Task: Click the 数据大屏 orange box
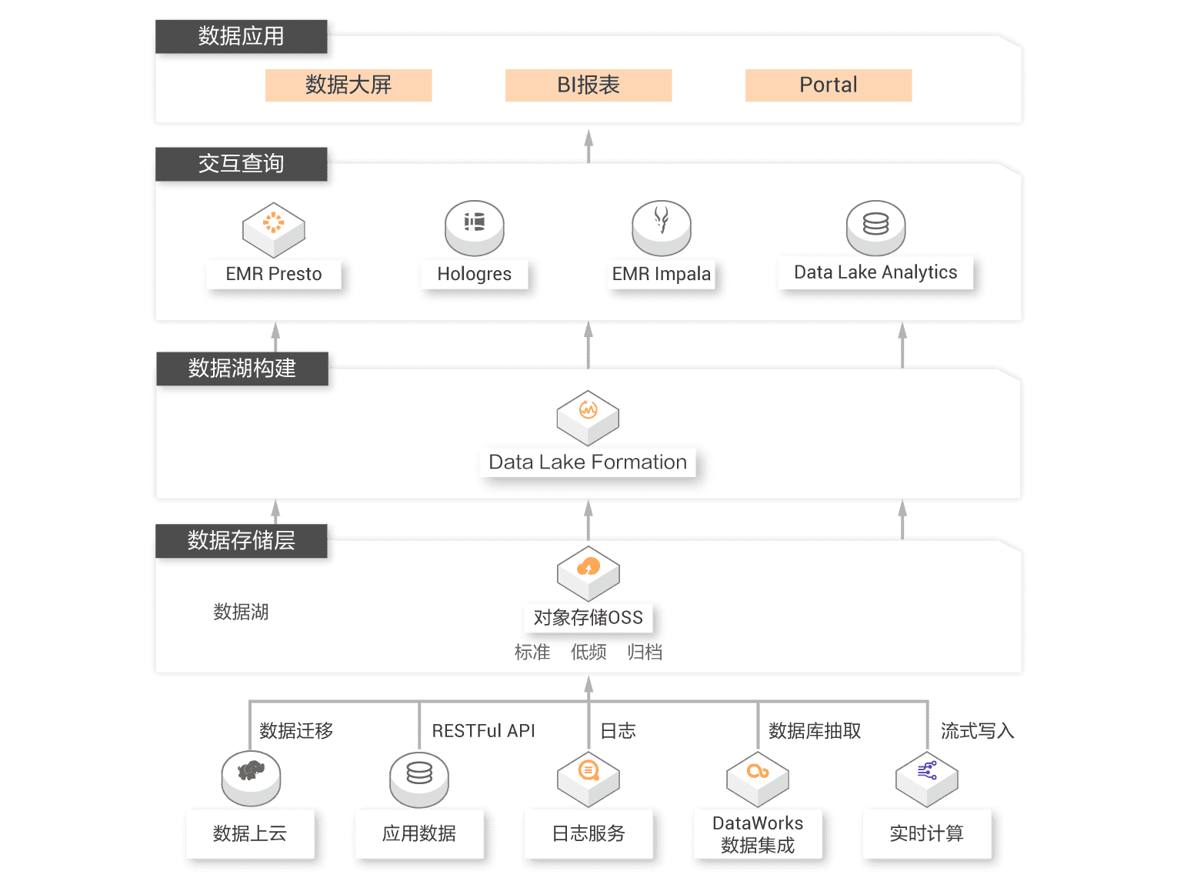coord(348,85)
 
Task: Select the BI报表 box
coord(588,85)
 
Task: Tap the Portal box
coord(829,85)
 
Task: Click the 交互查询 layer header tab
coord(242,164)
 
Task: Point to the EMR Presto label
coord(274,274)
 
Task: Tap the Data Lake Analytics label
coord(875,272)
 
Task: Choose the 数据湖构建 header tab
coord(242,369)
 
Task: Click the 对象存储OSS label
coord(588,618)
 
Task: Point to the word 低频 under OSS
coord(588,653)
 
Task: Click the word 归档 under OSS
coord(645,653)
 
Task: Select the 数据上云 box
coord(250,833)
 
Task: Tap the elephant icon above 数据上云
coord(251,773)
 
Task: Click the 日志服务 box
coord(588,833)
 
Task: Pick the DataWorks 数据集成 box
coord(758,834)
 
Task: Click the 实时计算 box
coord(926,833)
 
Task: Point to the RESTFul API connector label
coord(483,730)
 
